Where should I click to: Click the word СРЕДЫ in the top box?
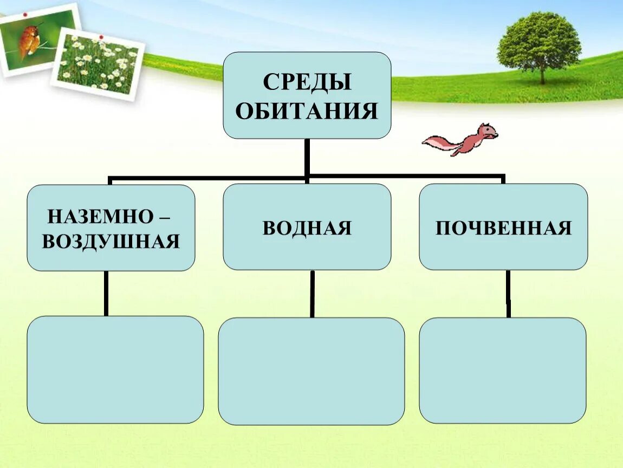click(x=307, y=83)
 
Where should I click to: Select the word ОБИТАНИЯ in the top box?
click(x=307, y=111)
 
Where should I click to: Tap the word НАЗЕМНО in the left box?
click(x=100, y=217)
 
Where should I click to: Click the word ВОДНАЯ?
click(x=307, y=228)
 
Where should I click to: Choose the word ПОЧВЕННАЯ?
click(x=503, y=228)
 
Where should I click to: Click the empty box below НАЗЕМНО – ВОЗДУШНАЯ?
click(x=115, y=369)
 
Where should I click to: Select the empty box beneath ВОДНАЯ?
click(x=311, y=371)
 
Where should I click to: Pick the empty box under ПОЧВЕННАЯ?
click(x=502, y=370)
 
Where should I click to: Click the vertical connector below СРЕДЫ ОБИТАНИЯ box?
click(x=307, y=157)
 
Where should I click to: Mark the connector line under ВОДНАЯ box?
click(x=312, y=294)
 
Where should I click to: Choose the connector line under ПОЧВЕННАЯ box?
click(x=508, y=294)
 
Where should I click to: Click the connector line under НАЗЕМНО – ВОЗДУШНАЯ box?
click(x=106, y=293)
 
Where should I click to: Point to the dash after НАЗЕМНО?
click(x=163, y=217)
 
